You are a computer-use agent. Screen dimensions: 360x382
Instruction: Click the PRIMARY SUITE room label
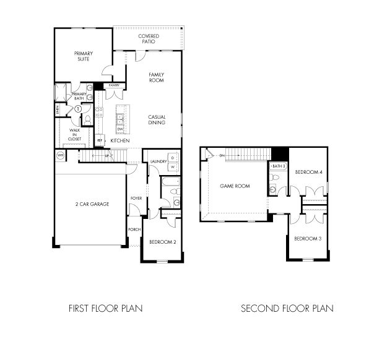pos(83,56)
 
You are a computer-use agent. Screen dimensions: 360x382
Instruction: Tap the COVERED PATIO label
pos(148,39)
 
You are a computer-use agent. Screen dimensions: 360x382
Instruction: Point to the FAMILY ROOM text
pos(156,77)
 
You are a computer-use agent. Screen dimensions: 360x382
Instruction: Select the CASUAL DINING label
pos(156,119)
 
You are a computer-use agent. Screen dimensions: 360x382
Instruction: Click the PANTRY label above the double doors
pos(114,85)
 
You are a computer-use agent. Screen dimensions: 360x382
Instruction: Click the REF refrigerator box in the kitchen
pos(99,141)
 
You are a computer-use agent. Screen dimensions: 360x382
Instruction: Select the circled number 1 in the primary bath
pos(78,109)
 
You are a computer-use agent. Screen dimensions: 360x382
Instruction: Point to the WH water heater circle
pos(61,155)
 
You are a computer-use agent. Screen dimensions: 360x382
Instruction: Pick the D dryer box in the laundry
pos(173,156)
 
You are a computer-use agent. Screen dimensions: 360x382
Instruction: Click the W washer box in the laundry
pos(173,167)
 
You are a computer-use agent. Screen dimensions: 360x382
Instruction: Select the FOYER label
pos(136,199)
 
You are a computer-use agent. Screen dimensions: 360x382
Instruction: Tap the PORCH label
pos(134,229)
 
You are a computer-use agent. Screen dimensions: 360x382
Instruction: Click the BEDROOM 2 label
pos(162,242)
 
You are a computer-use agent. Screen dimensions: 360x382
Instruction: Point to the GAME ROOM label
pos(235,186)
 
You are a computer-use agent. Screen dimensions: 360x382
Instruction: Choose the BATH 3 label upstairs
pos(278,166)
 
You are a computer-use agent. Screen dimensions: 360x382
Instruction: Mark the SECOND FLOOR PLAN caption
pos(287,308)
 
